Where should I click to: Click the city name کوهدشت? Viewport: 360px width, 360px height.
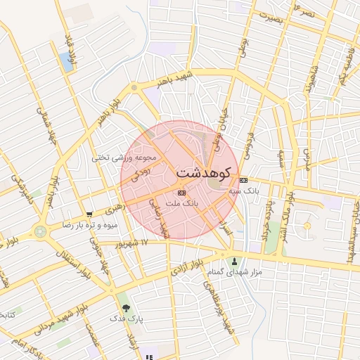(203, 172)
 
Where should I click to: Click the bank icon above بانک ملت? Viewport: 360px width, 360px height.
(182, 192)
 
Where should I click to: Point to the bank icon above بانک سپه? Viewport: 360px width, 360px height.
(244, 181)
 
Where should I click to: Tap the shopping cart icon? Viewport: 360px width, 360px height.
(89, 215)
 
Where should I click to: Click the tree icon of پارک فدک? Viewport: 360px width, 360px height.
(126, 308)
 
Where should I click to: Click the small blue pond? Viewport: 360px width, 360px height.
(67, 61)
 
